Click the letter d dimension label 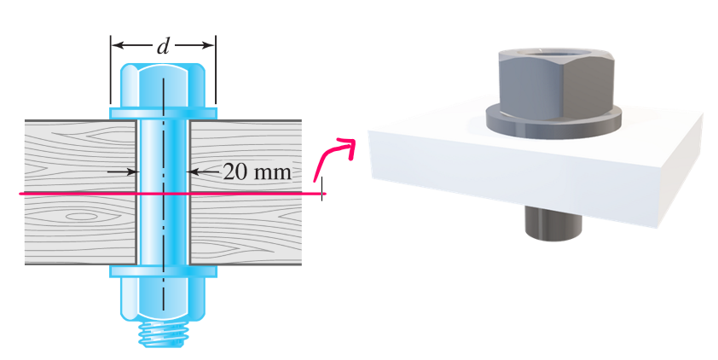(x=163, y=46)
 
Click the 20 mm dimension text (x=257, y=171)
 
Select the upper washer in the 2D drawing (x=163, y=112)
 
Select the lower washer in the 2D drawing (x=163, y=271)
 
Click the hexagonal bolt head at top (x=163, y=84)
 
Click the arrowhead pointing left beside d (x=120, y=46)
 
